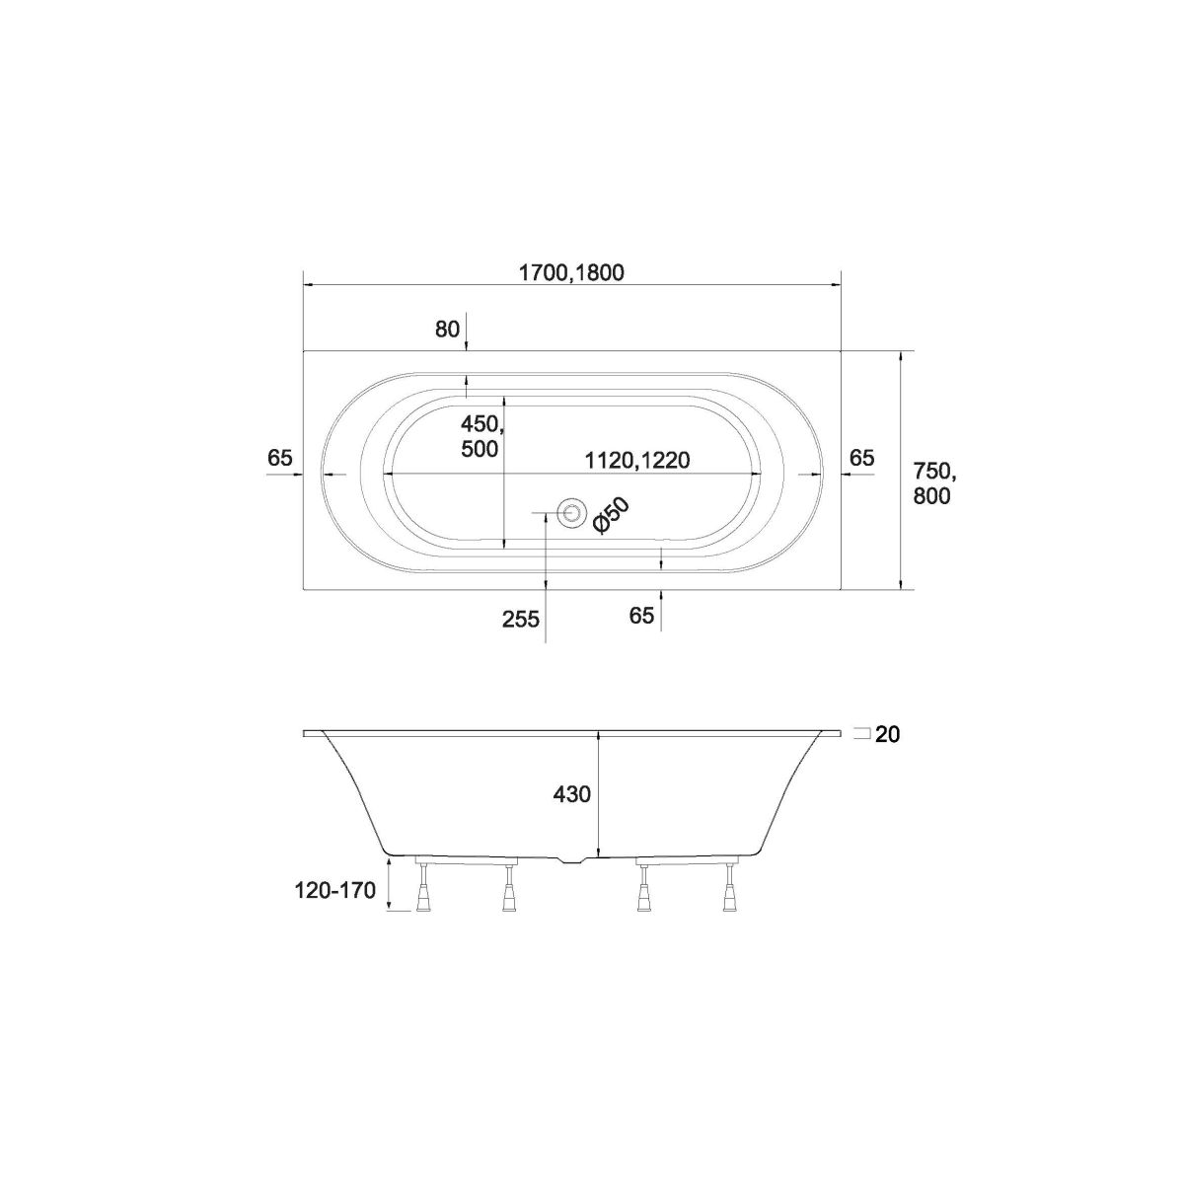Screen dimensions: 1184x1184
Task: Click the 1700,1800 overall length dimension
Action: click(571, 272)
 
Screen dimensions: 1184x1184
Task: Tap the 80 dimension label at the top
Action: click(447, 330)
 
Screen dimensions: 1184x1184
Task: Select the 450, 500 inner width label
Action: click(480, 436)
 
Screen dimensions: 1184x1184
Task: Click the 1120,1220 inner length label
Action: click(637, 460)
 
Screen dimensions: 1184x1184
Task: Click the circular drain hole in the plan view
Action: click(570, 512)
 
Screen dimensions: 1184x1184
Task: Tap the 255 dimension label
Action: click(520, 620)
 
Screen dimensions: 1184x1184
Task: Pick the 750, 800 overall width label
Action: click(932, 483)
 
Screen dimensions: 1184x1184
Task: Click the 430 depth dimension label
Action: click(572, 794)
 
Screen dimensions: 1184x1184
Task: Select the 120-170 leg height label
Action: click(335, 890)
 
